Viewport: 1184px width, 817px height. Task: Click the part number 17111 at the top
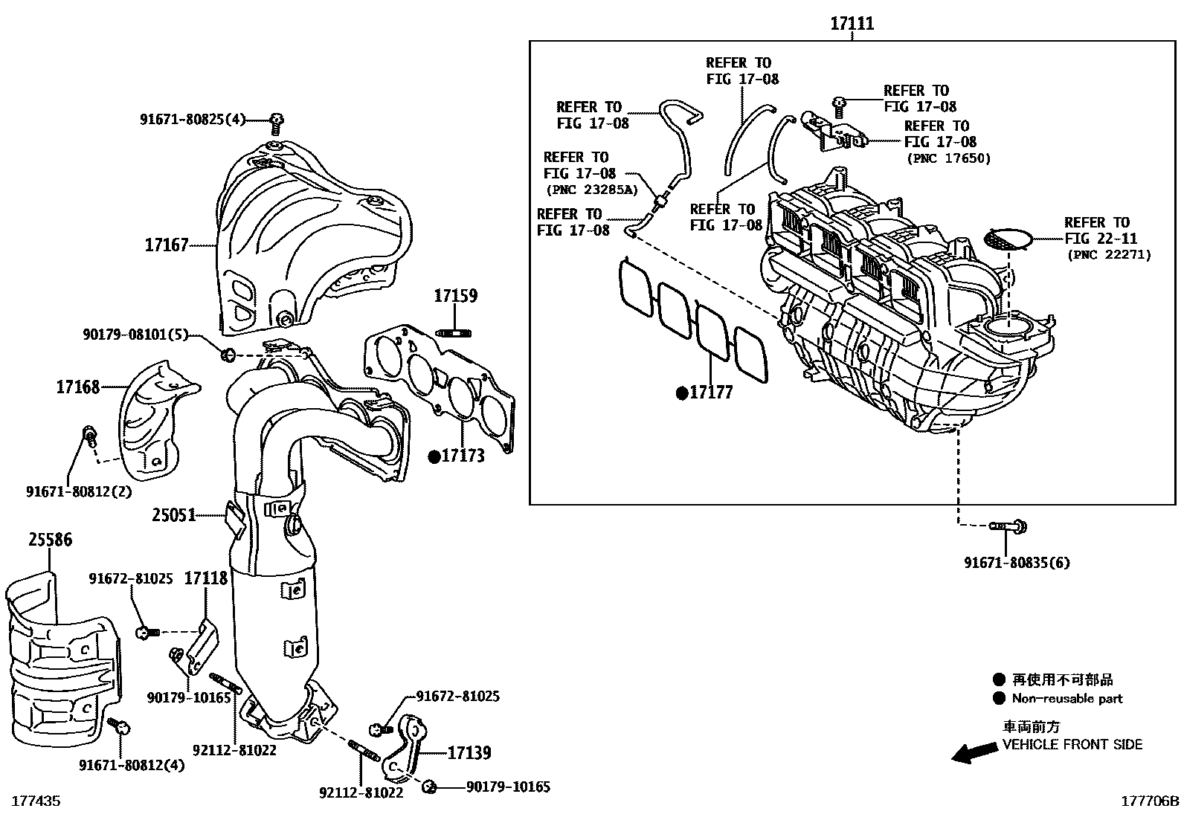(852, 24)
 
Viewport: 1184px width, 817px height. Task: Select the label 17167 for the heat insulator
(167, 245)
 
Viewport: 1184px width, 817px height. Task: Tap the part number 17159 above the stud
(455, 296)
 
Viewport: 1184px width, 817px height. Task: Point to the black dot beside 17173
(434, 456)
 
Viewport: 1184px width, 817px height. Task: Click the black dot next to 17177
(681, 393)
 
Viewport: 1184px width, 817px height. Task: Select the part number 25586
(51, 540)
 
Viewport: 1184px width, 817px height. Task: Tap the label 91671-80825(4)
(193, 119)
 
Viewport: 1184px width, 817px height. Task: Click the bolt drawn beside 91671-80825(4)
(276, 120)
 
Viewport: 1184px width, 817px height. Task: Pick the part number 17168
(77, 387)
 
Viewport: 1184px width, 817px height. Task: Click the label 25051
(173, 514)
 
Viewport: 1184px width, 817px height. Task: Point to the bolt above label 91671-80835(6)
(1008, 527)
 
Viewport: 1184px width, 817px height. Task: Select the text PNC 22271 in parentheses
(1108, 255)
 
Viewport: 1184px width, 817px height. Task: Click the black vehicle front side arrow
(975, 753)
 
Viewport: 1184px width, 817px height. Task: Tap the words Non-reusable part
(1066, 699)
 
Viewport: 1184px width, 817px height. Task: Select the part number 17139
(469, 753)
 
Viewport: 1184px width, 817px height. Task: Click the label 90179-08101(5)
(146, 335)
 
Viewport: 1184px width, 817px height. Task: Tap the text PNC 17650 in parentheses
(948, 158)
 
